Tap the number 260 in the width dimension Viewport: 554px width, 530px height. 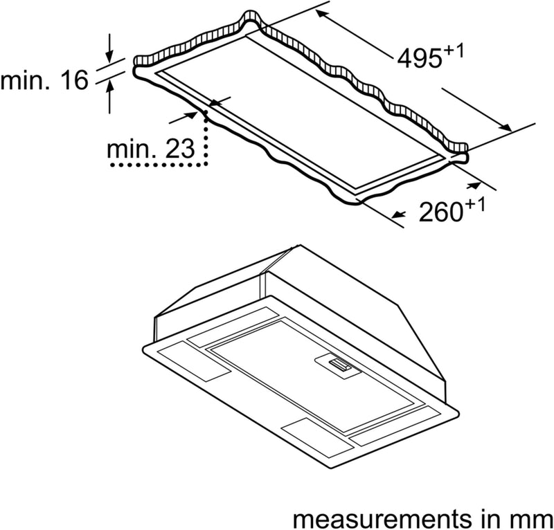coord(440,212)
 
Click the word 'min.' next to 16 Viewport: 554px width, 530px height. coord(27,82)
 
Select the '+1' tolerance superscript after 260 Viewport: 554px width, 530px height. coord(474,204)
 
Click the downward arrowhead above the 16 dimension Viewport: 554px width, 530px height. coord(109,57)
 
